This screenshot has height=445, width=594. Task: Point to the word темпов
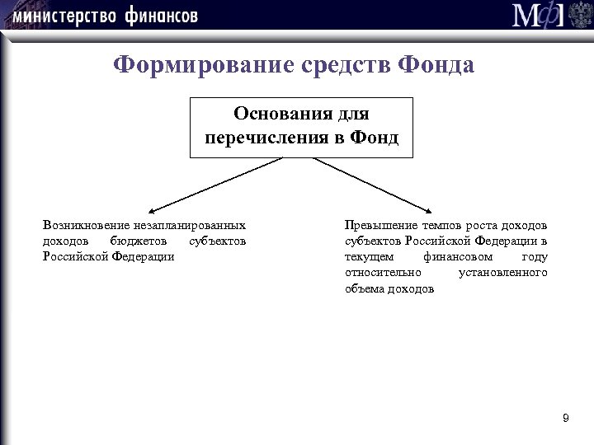coord(439,225)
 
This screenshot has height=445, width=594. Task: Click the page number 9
coord(565,419)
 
